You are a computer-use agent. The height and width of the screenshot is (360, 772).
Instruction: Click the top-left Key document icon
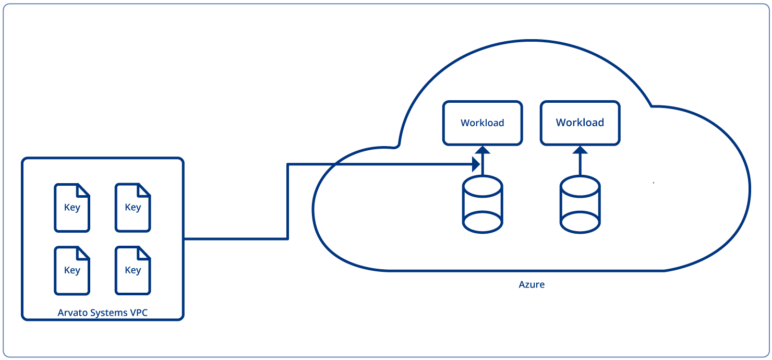click(x=72, y=208)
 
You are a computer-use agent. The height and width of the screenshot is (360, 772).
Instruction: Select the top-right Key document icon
click(x=133, y=208)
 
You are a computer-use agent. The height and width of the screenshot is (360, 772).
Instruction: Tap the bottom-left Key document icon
click(x=72, y=271)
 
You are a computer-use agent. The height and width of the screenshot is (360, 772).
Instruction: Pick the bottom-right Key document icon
click(x=133, y=271)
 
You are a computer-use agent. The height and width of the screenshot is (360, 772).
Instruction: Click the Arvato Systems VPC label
click(x=102, y=313)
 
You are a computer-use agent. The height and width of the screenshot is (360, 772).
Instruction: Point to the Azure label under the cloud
click(x=532, y=285)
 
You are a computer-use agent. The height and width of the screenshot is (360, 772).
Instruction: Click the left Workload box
click(x=482, y=123)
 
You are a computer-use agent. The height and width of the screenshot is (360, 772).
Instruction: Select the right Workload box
click(x=580, y=123)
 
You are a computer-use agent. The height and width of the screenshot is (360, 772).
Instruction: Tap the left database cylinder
click(x=482, y=204)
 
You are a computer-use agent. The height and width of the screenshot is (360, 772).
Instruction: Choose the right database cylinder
click(x=580, y=204)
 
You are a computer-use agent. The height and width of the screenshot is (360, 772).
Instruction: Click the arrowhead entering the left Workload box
click(x=482, y=150)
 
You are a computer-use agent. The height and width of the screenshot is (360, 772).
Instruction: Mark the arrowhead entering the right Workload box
click(x=580, y=150)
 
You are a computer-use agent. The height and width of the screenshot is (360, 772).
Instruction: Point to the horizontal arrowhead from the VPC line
click(x=476, y=165)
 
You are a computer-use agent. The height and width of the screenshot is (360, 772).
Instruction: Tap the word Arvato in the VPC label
click(x=73, y=313)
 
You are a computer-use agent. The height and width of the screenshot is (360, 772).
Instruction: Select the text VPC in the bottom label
click(x=139, y=313)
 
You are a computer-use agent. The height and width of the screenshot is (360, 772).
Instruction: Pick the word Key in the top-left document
click(x=72, y=208)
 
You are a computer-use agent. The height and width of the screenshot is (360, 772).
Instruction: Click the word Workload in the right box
click(x=580, y=123)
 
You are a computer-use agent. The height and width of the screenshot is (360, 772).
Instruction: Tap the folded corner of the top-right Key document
click(x=144, y=189)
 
